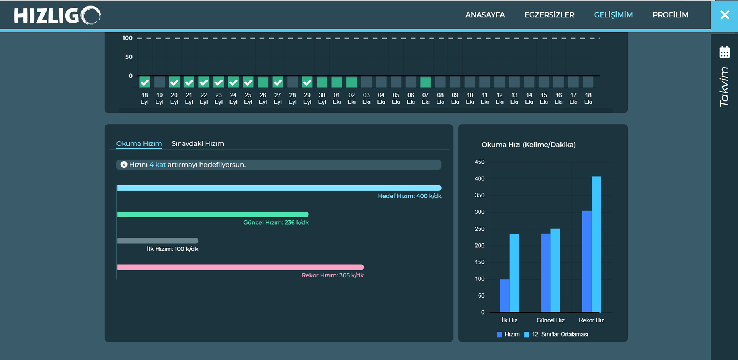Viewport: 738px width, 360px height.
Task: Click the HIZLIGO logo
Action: coord(57,15)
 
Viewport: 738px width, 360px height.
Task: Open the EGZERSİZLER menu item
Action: coord(549,15)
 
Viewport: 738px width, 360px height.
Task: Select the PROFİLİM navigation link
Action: coord(670,15)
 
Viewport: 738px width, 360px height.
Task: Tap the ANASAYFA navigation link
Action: coord(485,15)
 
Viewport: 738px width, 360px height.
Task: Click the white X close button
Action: coord(725,15)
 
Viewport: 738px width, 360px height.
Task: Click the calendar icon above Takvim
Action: coord(725,52)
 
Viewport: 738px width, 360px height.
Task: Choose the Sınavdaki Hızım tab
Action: coord(198,143)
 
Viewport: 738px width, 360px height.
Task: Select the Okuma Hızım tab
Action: coord(139,143)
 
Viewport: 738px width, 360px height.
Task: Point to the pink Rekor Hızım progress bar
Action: coord(240,267)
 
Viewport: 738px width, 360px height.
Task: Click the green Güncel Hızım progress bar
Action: coord(213,214)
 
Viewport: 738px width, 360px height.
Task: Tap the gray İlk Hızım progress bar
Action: coord(158,241)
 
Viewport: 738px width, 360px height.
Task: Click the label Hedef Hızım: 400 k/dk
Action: coord(409,196)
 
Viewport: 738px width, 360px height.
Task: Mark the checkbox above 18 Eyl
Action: coord(145,82)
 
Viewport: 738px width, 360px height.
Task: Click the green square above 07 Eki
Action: coord(426,82)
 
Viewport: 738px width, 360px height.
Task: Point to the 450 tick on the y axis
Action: coord(480,162)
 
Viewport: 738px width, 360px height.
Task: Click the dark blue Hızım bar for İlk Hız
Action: coord(505,295)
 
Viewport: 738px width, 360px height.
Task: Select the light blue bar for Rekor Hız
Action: coord(596,244)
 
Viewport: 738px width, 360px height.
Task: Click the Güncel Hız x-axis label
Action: coord(550,320)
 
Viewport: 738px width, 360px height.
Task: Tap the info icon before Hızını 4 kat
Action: coord(124,165)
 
